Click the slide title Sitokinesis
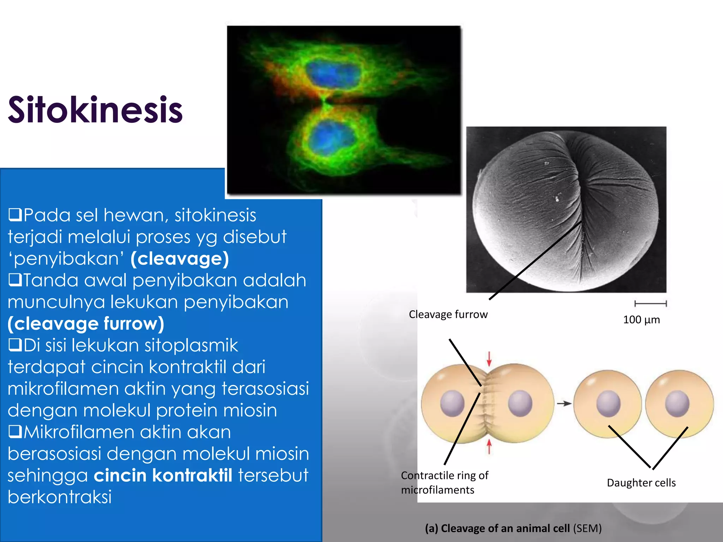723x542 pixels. pyautogui.click(x=95, y=110)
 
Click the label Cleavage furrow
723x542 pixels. pyautogui.click(x=448, y=314)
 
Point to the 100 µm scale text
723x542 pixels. pyautogui.click(x=641, y=320)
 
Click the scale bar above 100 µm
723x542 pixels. pyautogui.click(x=650, y=303)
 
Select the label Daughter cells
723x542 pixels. pyautogui.click(x=641, y=483)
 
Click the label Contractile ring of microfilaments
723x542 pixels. pyautogui.click(x=444, y=482)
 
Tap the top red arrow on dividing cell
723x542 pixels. pyautogui.click(x=489, y=359)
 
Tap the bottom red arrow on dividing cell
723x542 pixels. pyautogui.click(x=489, y=447)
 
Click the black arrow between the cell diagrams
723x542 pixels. pyautogui.click(x=564, y=403)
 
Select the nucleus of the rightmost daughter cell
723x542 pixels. pyautogui.click(x=677, y=404)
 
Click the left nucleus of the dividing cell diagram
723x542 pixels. pyautogui.click(x=452, y=403)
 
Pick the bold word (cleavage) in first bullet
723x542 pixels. pyautogui.click(x=180, y=259)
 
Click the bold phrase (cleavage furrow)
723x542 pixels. pyautogui.click(x=86, y=324)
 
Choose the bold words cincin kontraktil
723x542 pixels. pyautogui.click(x=163, y=475)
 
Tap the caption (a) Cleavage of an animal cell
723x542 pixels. pyautogui.click(x=513, y=528)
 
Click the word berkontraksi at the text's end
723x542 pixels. pyautogui.click(x=60, y=497)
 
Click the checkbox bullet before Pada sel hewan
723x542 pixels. pyautogui.click(x=15, y=214)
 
